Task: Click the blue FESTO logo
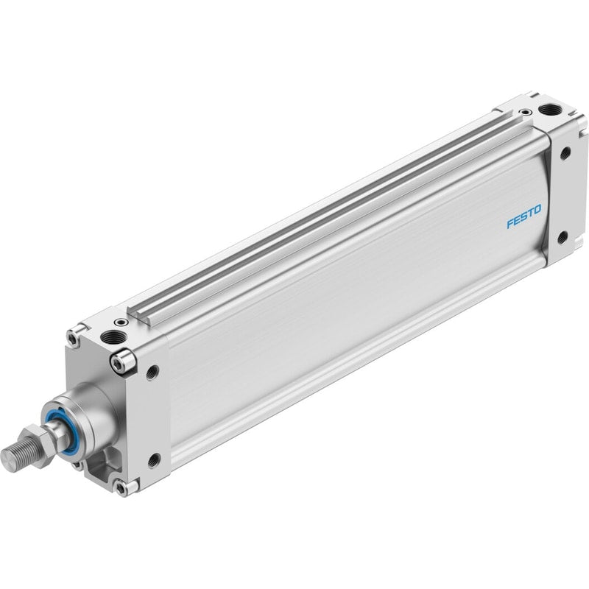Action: pyautogui.click(x=524, y=216)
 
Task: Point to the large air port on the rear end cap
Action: pyautogui.click(x=550, y=110)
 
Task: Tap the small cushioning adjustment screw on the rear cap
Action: pyautogui.click(x=525, y=112)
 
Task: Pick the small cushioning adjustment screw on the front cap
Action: pyautogui.click(x=121, y=322)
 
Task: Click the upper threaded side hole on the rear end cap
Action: pyautogui.click(x=565, y=153)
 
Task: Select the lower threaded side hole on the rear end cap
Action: pyautogui.click(x=562, y=238)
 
